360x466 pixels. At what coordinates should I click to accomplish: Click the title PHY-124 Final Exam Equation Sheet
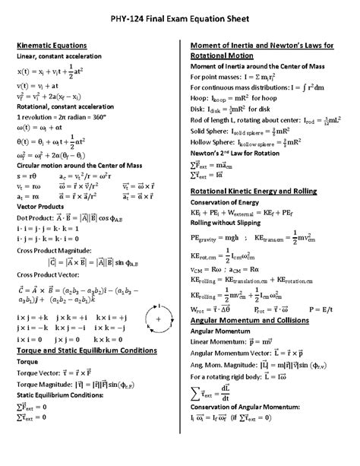(180, 16)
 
